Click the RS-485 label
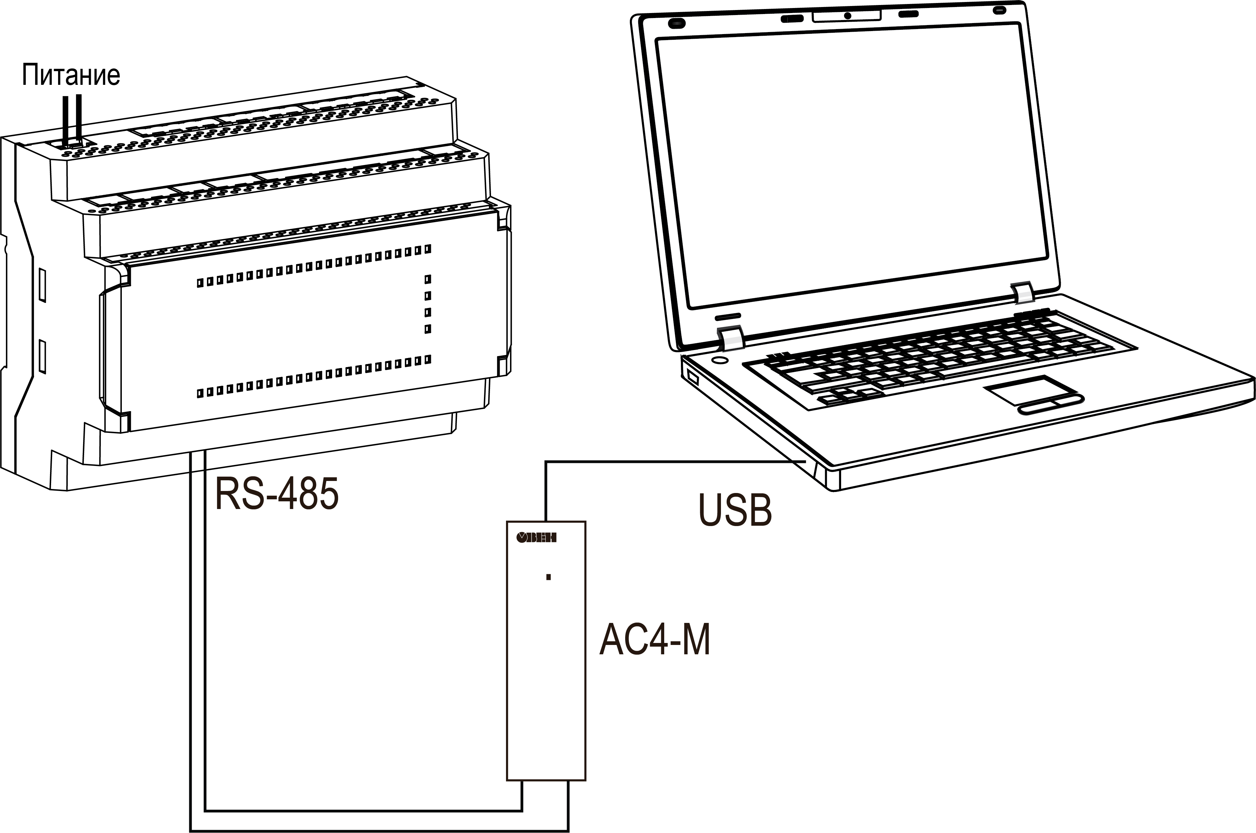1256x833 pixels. (276, 494)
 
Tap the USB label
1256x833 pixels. (735, 510)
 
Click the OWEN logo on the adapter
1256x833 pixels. (536, 538)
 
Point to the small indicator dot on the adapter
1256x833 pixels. (548, 577)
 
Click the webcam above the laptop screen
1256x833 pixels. (848, 15)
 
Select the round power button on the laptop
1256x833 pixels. (720, 360)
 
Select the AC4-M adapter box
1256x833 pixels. (546, 651)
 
